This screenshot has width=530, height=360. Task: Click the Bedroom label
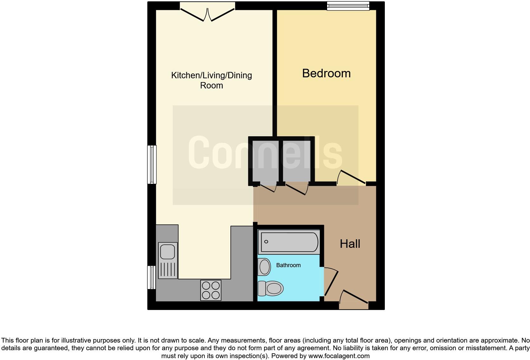click(326, 74)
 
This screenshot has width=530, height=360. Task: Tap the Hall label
click(350, 244)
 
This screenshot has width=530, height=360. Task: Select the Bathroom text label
click(288, 265)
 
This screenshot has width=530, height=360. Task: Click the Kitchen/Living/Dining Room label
click(211, 80)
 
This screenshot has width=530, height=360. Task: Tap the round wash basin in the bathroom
click(264, 267)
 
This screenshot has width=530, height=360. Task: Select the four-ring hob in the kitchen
click(211, 290)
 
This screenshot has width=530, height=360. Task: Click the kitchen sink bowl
click(167, 252)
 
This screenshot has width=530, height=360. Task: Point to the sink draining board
click(167, 270)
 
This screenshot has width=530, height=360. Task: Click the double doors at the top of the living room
click(207, 13)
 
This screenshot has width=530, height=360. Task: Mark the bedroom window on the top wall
click(348, 6)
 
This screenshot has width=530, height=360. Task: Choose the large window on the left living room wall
click(152, 164)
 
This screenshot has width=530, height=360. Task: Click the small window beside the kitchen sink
click(152, 277)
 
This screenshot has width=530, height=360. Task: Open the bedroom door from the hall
click(351, 179)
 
